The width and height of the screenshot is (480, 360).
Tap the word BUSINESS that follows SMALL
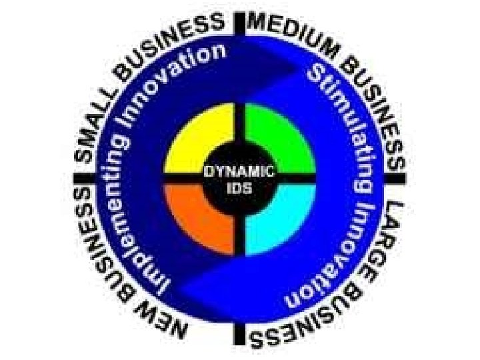coord(173,46)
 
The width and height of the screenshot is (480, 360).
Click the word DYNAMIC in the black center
coord(239,171)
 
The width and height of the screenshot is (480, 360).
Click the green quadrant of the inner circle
coord(277,143)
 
